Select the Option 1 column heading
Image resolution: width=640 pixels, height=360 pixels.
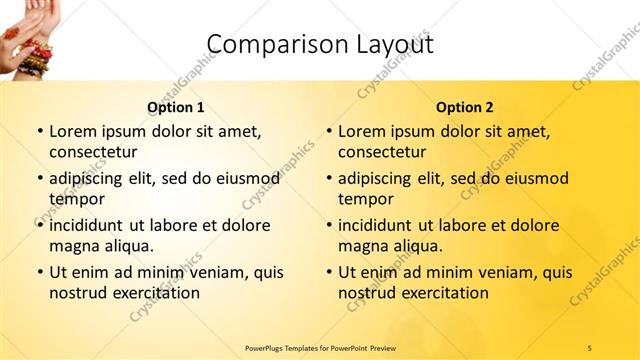tap(176, 107)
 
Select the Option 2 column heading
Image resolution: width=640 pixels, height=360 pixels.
tap(465, 107)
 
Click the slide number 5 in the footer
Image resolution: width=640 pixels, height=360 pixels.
tap(590, 347)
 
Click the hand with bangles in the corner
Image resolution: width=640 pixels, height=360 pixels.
tap(22, 35)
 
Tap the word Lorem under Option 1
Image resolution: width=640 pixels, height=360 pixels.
tap(74, 131)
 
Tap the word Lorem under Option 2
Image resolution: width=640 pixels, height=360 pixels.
tap(363, 131)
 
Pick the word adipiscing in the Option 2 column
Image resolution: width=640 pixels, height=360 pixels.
tap(381, 178)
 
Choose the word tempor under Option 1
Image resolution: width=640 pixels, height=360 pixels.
tap(75, 199)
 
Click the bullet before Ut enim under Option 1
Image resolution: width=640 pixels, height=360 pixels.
tap(39, 272)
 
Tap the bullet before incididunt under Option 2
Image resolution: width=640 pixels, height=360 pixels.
tap(328, 225)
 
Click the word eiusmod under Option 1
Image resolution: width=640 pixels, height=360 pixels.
tap(243, 178)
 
